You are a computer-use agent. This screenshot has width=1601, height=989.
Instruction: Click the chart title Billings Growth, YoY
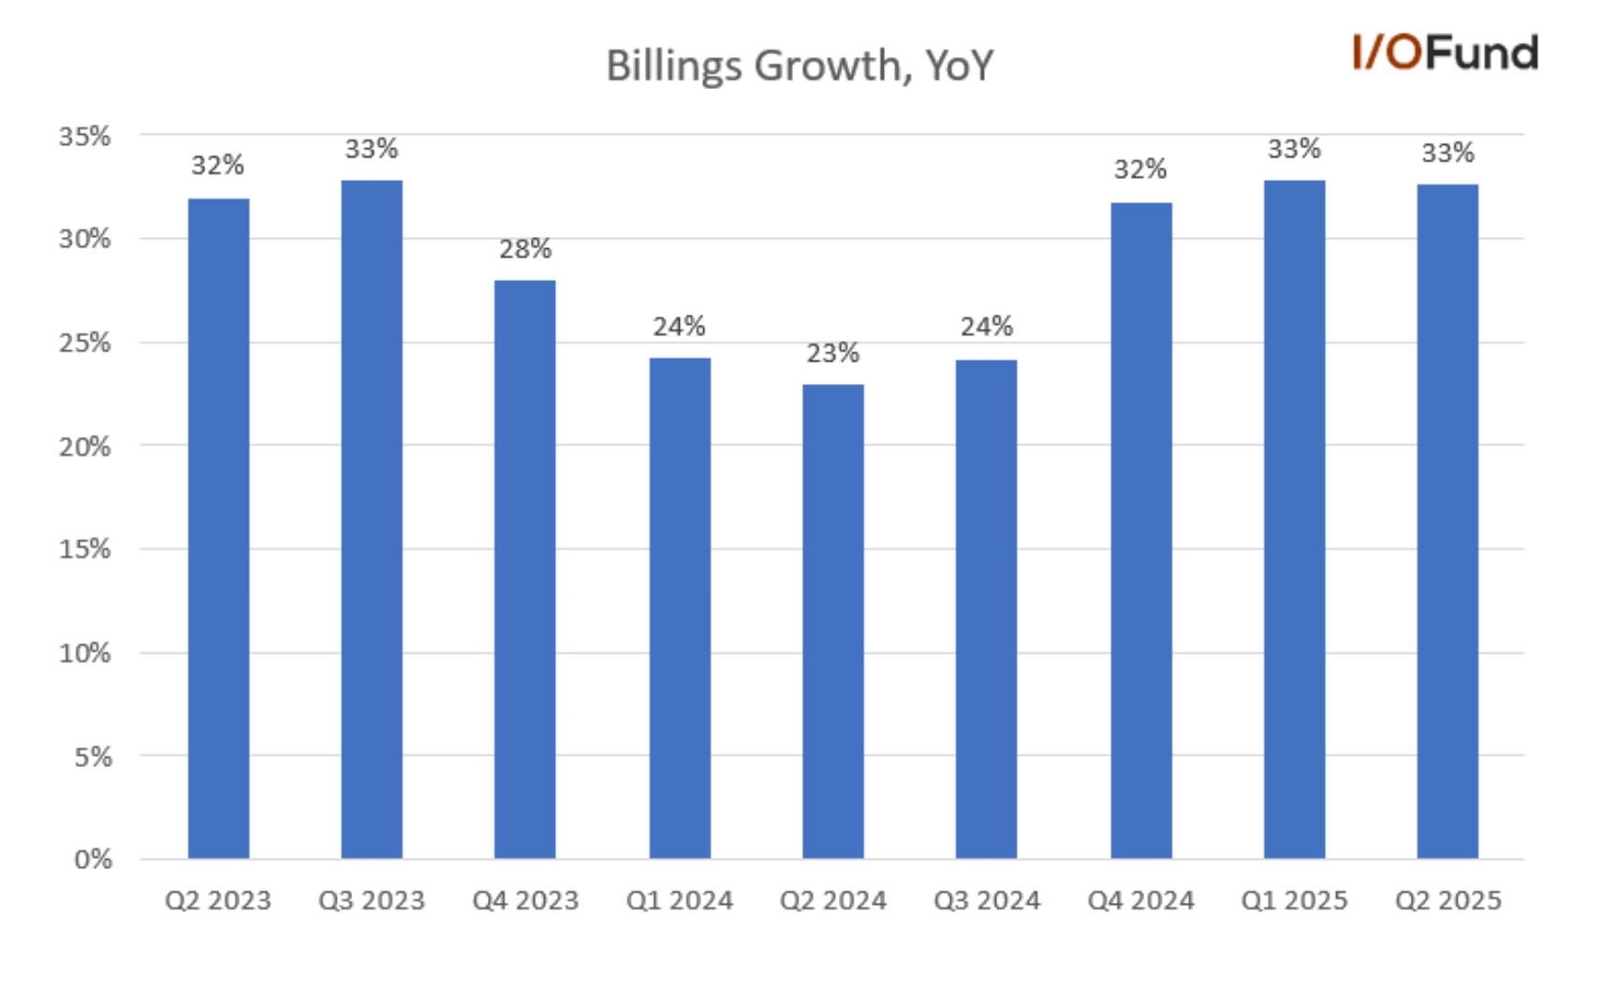(800, 66)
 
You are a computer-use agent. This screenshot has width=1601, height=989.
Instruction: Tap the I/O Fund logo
(1446, 52)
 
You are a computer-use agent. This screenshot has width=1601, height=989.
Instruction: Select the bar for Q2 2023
(219, 528)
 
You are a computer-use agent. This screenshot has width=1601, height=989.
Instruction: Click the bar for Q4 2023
(524, 569)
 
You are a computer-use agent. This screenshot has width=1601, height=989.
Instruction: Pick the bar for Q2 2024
(832, 622)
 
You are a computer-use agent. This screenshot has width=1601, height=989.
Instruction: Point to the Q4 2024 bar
(1140, 531)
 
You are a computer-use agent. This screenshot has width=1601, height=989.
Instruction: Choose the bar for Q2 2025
(1447, 522)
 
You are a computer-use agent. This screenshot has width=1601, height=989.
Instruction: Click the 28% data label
(525, 249)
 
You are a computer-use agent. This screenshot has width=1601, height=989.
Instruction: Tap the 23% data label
(832, 352)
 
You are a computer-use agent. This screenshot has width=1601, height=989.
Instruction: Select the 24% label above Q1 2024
(679, 326)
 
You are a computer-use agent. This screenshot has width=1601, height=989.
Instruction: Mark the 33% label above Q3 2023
(372, 149)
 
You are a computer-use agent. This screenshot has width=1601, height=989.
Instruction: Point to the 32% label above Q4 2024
(1140, 170)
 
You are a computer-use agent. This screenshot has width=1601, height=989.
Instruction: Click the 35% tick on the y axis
(85, 136)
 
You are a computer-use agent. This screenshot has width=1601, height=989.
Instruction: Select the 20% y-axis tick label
(85, 447)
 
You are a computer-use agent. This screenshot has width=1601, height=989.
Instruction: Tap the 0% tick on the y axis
(93, 859)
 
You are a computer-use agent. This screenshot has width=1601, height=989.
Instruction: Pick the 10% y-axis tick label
(85, 653)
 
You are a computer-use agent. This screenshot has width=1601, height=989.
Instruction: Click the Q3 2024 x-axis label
(987, 900)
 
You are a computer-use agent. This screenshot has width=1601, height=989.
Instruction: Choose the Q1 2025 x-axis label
(1295, 900)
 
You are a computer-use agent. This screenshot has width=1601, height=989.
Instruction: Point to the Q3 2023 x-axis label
(372, 900)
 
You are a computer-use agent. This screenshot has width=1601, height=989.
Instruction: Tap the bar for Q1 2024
(680, 608)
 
